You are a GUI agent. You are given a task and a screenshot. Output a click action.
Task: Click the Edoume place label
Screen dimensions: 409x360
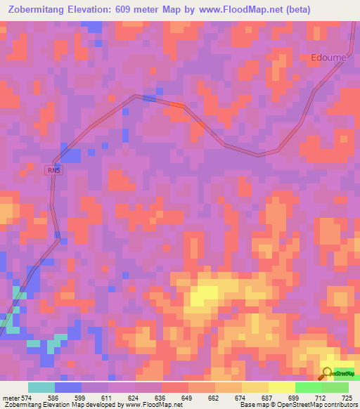pos(329,58)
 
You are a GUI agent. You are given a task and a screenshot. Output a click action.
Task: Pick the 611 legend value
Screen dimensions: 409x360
pos(108,397)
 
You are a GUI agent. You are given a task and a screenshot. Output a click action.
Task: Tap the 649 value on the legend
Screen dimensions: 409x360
pos(188,397)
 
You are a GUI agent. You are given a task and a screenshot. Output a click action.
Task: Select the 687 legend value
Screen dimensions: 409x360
pos(268,397)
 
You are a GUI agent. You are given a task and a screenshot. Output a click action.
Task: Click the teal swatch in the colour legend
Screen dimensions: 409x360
pos(41,387)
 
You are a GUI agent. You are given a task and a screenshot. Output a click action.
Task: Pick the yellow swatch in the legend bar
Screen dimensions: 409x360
pos(281,387)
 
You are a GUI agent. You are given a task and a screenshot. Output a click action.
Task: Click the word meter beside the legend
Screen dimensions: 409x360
pos(11,397)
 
